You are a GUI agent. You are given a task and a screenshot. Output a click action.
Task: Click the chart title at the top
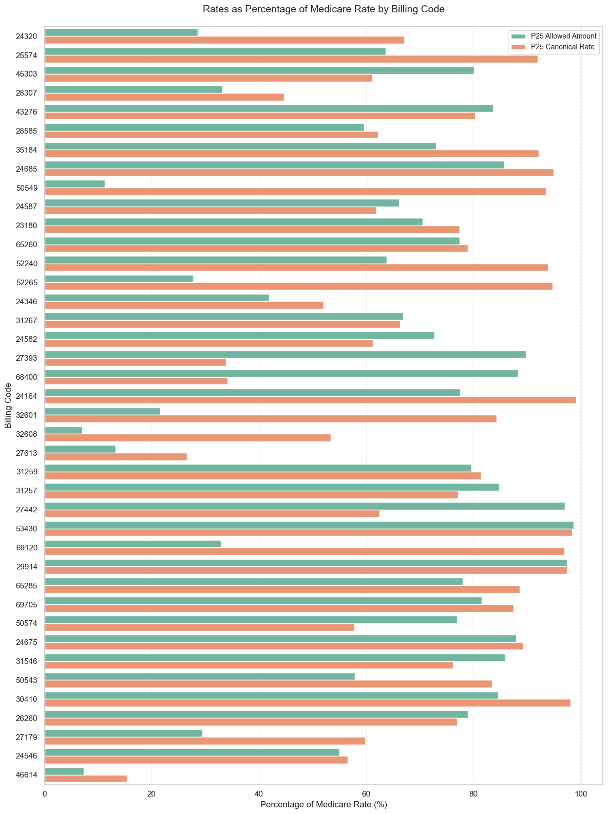(x=324, y=9)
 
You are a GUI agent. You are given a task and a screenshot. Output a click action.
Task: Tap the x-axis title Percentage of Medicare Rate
(x=324, y=805)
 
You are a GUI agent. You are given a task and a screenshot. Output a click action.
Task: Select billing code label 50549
(x=27, y=188)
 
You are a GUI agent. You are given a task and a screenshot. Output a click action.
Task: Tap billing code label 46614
(x=27, y=775)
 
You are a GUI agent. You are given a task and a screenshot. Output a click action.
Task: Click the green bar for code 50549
(x=75, y=184)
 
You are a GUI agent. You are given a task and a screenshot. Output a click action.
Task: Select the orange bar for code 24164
(x=310, y=400)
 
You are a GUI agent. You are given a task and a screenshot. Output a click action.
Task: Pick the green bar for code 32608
(x=64, y=430)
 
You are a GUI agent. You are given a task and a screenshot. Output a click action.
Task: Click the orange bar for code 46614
(x=86, y=779)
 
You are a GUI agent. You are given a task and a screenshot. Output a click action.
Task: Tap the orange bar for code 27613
(x=116, y=457)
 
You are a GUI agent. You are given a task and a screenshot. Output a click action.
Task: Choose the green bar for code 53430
(x=309, y=525)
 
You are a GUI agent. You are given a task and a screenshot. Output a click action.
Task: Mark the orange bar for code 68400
(x=136, y=381)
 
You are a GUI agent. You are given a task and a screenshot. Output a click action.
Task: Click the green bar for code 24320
(x=121, y=32)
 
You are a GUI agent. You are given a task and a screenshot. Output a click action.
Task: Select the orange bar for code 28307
(x=164, y=97)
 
